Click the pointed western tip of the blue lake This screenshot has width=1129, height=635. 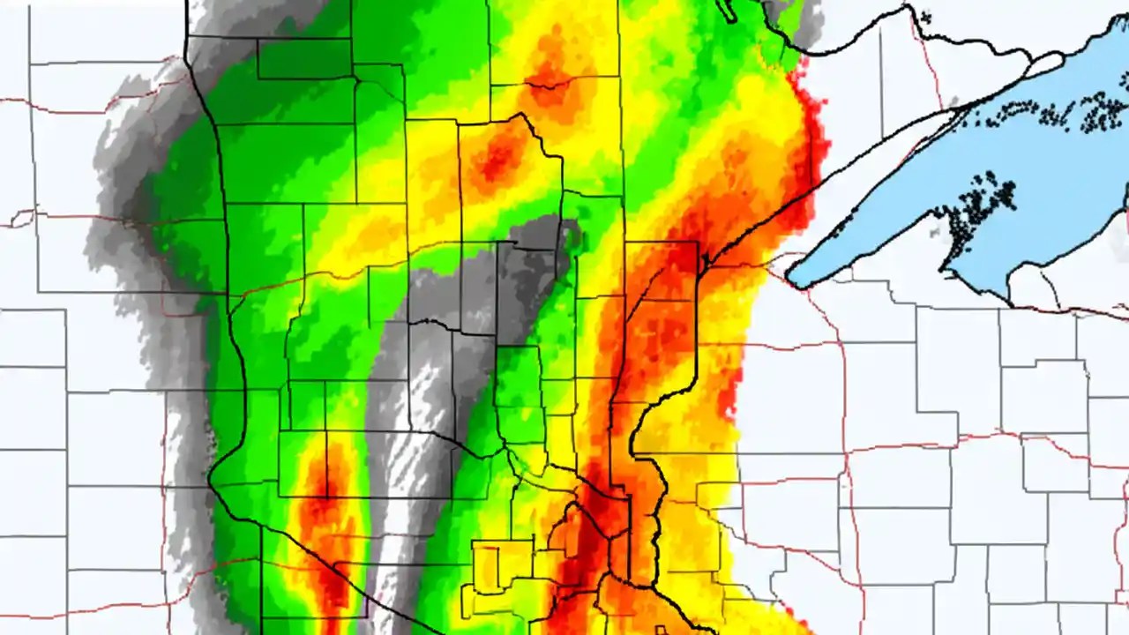click(791, 280)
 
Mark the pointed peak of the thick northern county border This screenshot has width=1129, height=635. click(522, 115)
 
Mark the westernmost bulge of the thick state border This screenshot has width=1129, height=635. click(213, 476)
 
